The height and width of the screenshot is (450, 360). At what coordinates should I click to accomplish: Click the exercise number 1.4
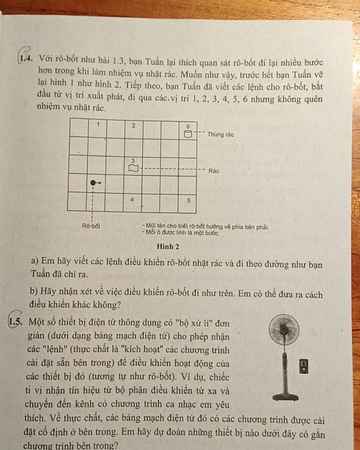(26, 57)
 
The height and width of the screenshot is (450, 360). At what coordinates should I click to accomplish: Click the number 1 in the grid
(98, 124)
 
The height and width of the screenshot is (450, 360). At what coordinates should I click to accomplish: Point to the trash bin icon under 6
(188, 134)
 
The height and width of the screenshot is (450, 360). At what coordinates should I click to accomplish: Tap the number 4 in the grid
(132, 199)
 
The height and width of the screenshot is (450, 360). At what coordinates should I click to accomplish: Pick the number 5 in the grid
(188, 201)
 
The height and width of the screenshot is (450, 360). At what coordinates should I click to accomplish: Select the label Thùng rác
(220, 134)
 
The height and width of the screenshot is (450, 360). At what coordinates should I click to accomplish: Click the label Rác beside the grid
(214, 171)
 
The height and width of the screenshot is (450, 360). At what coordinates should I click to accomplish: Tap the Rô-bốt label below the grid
(91, 226)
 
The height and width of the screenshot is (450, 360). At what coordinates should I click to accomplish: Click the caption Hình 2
(168, 247)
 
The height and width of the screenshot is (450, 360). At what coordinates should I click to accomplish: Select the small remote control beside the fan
(304, 366)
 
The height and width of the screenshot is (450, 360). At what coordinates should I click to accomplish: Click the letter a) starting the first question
(34, 261)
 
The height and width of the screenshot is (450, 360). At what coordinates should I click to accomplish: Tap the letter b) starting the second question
(34, 291)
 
